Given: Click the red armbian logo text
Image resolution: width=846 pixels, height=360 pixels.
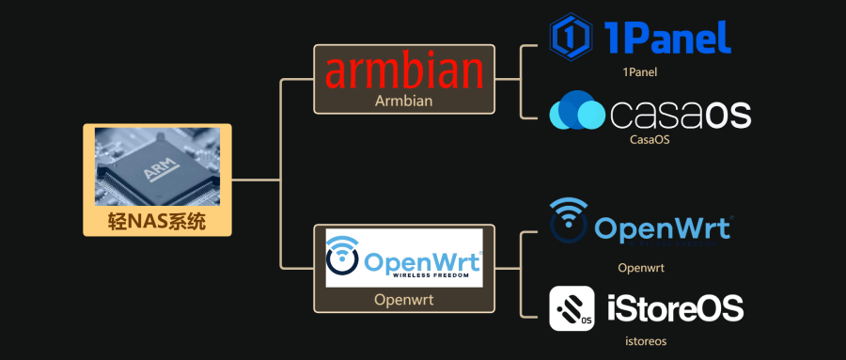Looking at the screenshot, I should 404,71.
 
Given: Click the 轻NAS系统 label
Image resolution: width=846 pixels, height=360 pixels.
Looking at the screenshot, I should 157,222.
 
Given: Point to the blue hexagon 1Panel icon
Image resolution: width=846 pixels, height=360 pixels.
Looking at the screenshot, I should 570,36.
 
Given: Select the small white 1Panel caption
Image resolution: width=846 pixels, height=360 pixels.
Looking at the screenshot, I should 639,70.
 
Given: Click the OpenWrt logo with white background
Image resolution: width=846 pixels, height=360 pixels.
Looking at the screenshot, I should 403,257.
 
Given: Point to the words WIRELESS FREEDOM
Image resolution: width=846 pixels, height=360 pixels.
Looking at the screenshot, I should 428,276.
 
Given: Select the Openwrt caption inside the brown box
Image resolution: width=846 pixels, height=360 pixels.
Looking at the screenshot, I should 404,302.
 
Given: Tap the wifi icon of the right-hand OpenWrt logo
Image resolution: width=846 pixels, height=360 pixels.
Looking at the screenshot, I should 570,221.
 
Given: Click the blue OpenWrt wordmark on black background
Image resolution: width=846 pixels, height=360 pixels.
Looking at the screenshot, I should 663,228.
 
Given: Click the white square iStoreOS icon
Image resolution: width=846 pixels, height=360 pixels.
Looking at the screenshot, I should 572,308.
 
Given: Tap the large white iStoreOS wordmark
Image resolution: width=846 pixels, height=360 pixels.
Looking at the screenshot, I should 676,308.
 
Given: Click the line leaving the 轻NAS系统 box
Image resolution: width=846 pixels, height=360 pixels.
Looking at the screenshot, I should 256,179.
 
